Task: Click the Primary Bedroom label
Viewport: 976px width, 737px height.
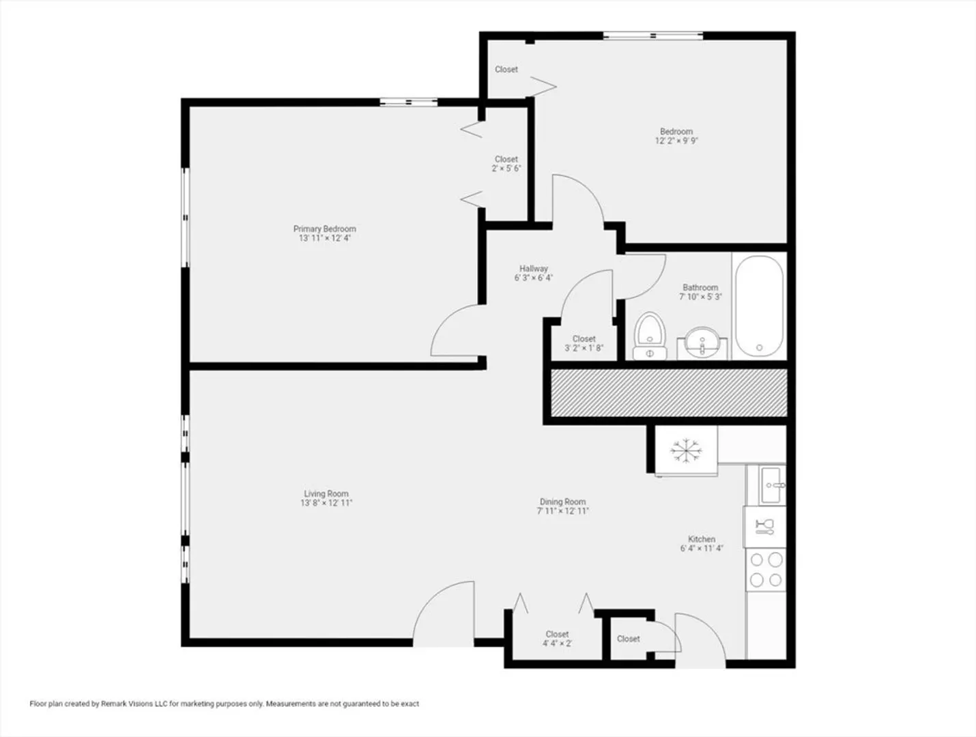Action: [x=325, y=229]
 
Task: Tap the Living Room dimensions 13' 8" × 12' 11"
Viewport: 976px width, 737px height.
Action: [x=326, y=503]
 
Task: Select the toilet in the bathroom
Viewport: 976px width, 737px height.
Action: [x=650, y=336]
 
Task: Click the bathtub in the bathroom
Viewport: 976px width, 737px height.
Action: [x=760, y=306]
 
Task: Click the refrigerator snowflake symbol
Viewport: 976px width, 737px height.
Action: [x=686, y=451]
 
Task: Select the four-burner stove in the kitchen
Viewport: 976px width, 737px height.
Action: [x=766, y=570]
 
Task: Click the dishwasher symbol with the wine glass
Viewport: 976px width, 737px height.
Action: [x=765, y=527]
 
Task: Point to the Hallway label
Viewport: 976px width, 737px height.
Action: [x=534, y=268]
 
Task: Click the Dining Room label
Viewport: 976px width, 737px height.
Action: [x=563, y=502]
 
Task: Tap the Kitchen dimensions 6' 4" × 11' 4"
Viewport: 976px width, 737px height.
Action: [x=702, y=549]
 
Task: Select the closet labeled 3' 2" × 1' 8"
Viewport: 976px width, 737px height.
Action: [x=584, y=343]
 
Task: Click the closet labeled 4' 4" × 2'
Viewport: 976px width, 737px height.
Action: [x=557, y=638]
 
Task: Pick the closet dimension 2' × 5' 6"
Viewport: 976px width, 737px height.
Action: [x=506, y=169]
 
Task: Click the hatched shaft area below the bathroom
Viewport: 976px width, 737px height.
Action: [x=669, y=393]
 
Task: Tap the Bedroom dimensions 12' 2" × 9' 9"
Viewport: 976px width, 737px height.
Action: [x=676, y=141]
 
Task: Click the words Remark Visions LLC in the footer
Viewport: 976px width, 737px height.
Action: [x=135, y=704]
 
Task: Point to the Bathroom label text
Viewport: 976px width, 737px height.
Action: [x=700, y=287]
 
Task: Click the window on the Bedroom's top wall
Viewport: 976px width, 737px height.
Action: [x=652, y=35]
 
